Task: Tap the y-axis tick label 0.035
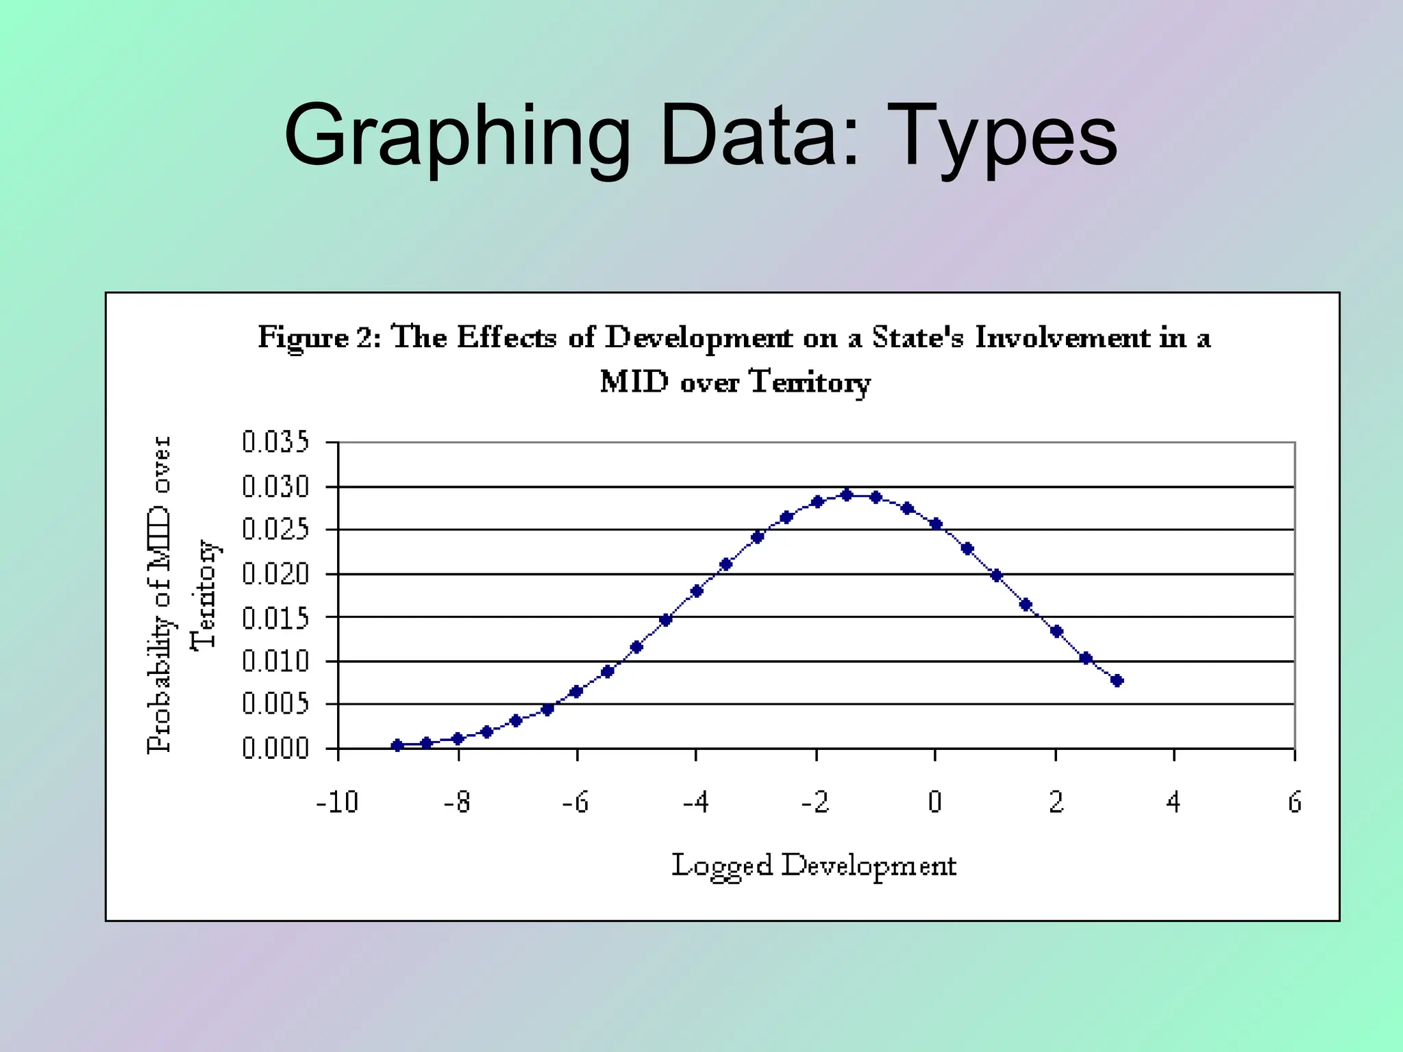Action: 275,442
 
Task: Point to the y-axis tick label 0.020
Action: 275,574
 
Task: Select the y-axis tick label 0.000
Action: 275,749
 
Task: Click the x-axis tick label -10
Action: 337,802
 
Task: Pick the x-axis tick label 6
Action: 1294,802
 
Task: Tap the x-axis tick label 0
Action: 935,802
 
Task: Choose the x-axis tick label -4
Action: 695,802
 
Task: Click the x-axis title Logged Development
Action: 813,866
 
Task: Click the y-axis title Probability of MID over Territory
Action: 182,594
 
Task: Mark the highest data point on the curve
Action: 847,494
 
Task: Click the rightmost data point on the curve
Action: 1117,680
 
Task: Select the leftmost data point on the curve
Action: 397,745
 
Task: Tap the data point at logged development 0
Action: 936,524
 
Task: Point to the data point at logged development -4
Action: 697,591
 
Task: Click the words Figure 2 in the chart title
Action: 319,338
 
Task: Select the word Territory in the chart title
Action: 810,381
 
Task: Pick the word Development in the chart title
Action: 698,338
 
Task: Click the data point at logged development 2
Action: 1056,631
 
